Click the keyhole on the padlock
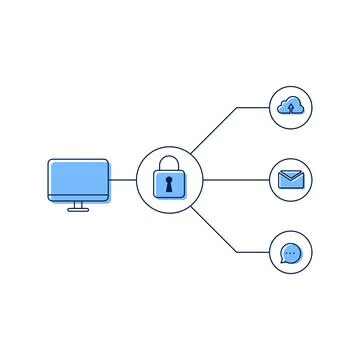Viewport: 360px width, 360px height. (170, 184)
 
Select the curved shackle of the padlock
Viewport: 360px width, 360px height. (170, 162)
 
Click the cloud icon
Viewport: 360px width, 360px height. (291, 103)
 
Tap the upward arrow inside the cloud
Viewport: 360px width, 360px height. (291, 107)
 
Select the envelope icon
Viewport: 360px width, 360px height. (291, 180)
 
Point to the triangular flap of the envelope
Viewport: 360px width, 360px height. (291, 176)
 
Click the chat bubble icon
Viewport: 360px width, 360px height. (291, 253)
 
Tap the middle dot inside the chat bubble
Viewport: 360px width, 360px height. (291, 253)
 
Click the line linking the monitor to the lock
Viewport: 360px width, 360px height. (123, 180)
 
